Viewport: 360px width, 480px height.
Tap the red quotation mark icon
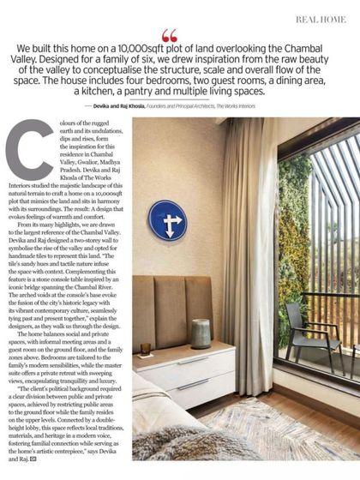pyautogui.click(x=169, y=35)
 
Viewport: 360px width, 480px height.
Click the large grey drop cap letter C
pyautogui.click(x=30, y=150)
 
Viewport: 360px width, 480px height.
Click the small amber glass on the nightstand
pyautogui.click(x=146, y=349)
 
